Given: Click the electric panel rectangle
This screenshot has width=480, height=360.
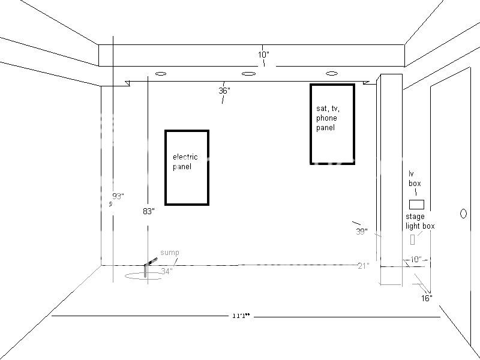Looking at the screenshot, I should [187, 167].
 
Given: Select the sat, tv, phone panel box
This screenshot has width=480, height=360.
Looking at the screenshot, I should [332, 124].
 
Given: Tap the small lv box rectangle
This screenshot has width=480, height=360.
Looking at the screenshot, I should [416, 204].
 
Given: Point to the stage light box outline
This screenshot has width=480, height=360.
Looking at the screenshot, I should [413, 239].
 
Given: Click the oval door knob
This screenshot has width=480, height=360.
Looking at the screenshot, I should [463, 213].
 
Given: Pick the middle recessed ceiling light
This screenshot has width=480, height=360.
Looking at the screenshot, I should [248, 74].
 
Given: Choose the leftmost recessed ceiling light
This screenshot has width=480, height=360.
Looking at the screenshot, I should [160, 74].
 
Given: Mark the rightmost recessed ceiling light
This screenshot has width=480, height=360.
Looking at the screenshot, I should [331, 73].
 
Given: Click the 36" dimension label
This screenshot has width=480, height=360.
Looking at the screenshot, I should [224, 91].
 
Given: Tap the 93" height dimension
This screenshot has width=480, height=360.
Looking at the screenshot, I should [118, 196].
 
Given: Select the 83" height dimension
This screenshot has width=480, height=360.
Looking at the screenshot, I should [149, 211].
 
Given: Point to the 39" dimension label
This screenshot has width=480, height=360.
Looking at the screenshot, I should [361, 232].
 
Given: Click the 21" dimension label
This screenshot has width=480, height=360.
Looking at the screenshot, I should [362, 265].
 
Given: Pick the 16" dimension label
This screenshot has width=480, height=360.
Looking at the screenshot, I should [427, 298].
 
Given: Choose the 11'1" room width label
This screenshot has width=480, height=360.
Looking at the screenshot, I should [240, 316].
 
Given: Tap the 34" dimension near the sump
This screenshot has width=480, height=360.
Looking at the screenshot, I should [167, 271].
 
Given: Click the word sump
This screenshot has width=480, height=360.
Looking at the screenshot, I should [169, 253].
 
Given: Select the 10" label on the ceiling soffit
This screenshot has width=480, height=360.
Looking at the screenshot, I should [263, 55].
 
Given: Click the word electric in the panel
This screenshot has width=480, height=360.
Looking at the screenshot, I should [185, 157].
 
